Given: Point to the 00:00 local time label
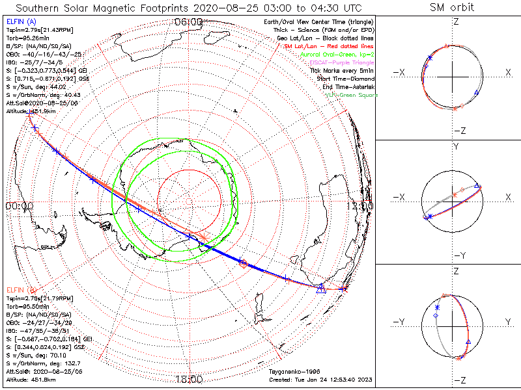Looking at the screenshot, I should click(19, 205).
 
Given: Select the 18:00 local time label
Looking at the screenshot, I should click(190, 380).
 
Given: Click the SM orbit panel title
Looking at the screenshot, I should click(452, 8).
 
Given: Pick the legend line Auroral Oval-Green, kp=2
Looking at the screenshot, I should click(337, 55).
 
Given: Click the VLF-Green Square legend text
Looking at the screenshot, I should click(351, 96).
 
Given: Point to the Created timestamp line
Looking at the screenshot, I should click(320, 380).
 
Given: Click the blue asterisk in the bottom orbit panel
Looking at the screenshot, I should click(438, 307).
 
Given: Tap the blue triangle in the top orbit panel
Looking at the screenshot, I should click(476, 94).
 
